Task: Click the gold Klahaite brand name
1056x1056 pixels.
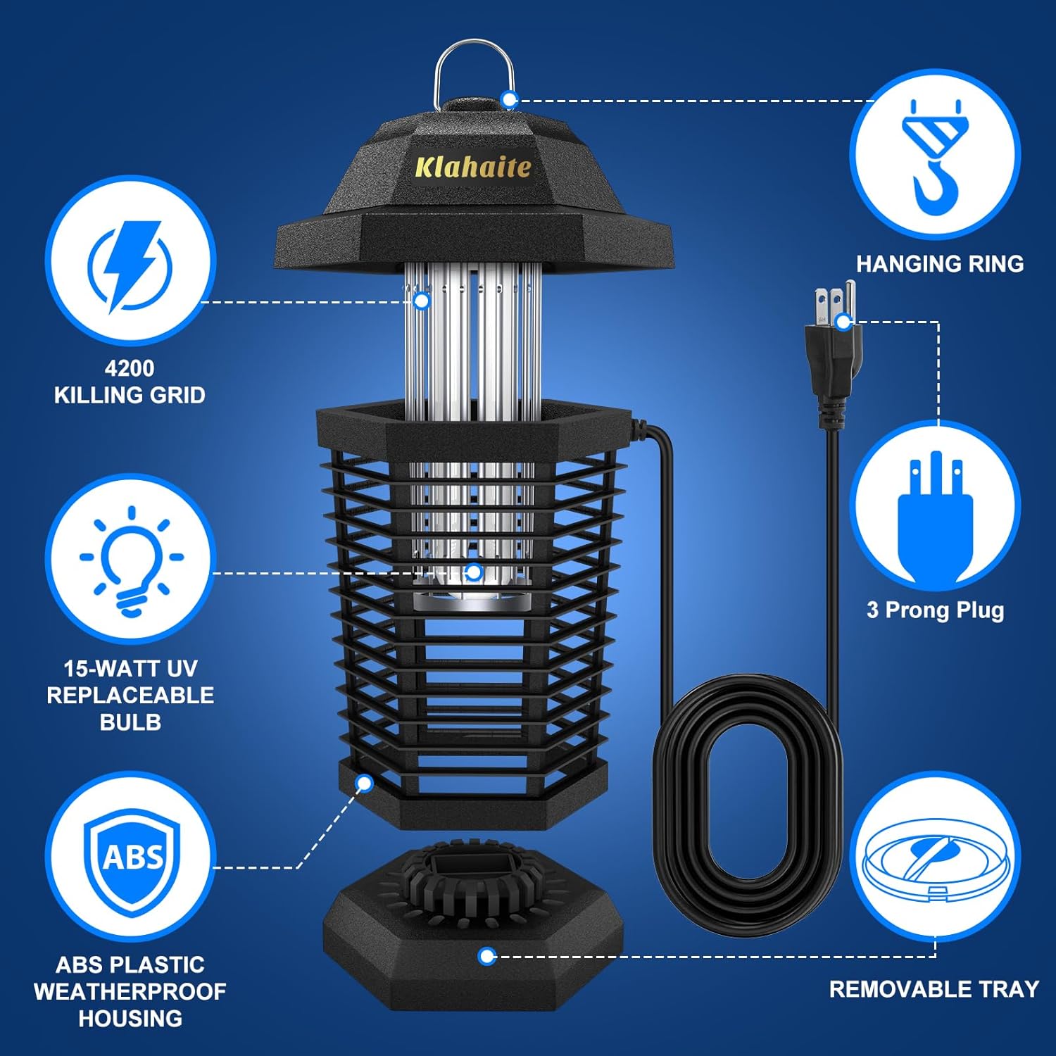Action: click(472, 167)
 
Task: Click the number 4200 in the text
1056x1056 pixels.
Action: click(130, 368)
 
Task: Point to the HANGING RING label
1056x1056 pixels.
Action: click(939, 264)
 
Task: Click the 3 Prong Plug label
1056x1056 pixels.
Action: click(935, 610)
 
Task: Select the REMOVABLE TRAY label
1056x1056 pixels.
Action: click(934, 989)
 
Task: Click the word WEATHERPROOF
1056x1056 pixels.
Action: click(130, 991)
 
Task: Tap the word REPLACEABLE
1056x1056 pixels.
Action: click(130, 695)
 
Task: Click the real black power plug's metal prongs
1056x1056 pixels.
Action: click(834, 301)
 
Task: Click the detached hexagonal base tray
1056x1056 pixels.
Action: click(473, 929)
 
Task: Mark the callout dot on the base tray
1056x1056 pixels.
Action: click(486, 956)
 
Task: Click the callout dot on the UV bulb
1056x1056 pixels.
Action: click(474, 572)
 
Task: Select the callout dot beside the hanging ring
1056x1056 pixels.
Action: click(509, 100)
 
